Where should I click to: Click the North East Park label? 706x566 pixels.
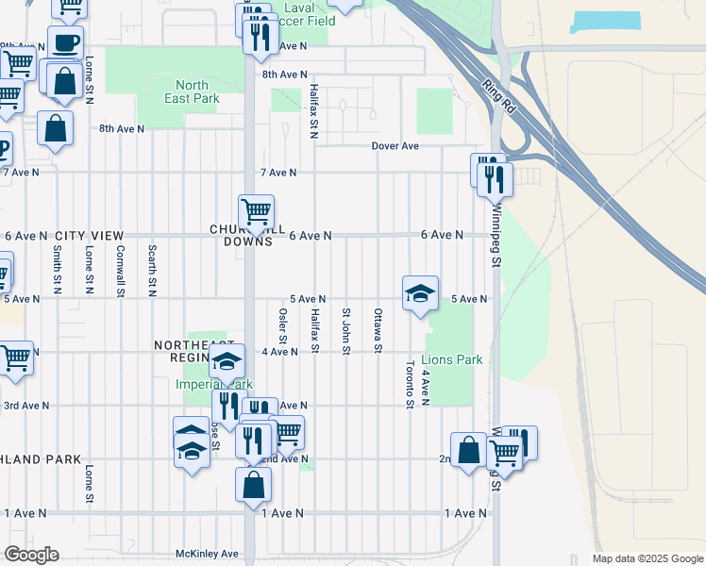[x=192, y=92]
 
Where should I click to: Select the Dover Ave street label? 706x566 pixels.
[x=395, y=146]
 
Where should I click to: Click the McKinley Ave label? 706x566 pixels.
[x=207, y=554]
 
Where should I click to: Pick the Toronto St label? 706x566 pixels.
[x=410, y=386]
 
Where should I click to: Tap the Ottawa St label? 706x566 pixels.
[x=378, y=330]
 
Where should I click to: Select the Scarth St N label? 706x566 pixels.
[x=152, y=271]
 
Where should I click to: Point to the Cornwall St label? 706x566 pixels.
[x=120, y=271]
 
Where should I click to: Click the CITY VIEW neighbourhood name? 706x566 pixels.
[x=89, y=235]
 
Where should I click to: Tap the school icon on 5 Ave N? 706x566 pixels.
[x=420, y=293]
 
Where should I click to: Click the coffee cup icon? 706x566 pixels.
[x=65, y=43]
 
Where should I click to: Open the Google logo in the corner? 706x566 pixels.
[x=31, y=555]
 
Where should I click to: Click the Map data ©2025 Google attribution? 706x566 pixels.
[x=647, y=558]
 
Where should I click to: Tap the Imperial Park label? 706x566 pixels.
[x=201, y=385]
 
